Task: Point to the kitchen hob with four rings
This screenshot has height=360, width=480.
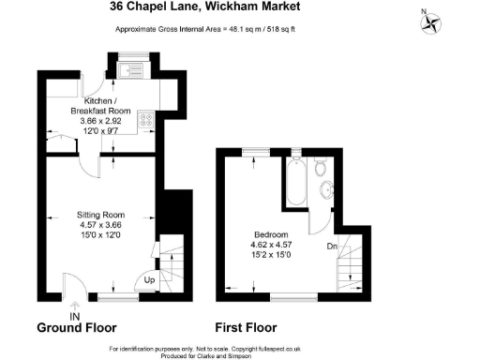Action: point(148,119)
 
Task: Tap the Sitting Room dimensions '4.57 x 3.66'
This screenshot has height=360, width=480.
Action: point(100,225)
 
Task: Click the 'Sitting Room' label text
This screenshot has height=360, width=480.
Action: point(100,215)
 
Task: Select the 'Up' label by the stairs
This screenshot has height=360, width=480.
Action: point(150,280)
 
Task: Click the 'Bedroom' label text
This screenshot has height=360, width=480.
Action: point(271,234)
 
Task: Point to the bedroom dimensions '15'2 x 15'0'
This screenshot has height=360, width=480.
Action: point(271,254)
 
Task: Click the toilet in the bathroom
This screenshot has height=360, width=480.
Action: point(321,169)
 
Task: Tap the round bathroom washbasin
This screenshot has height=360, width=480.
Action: point(326,191)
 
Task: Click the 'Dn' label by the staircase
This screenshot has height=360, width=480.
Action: point(333,247)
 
